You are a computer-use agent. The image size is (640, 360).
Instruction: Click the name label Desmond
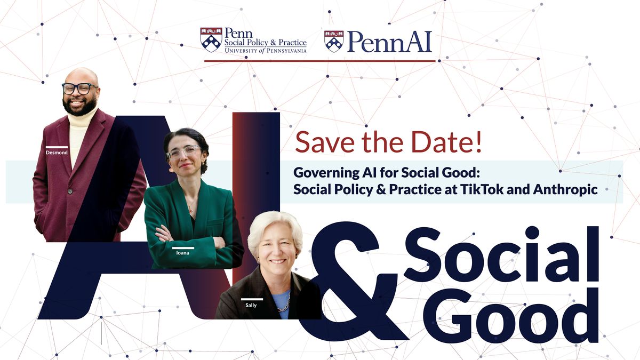click(x=57, y=152)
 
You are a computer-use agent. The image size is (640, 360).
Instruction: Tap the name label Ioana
click(x=182, y=253)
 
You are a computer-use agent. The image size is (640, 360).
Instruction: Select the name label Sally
click(x=251, y=305)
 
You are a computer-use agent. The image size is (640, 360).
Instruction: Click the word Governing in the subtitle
click(x=324, y=173)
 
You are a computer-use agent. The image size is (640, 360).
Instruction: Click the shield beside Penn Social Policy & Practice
click(x=211, y=40)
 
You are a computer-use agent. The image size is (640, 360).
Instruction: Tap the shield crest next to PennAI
click(x=333, y=41)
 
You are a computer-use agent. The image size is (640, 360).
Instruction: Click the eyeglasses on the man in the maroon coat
click(x=79, y=88)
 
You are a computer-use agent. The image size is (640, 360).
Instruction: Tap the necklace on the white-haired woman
click(x=282, y=303)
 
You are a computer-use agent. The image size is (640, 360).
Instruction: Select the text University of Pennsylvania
click(x=265, y=51)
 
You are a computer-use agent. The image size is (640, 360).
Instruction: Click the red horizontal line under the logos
click(x=320, y=61)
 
